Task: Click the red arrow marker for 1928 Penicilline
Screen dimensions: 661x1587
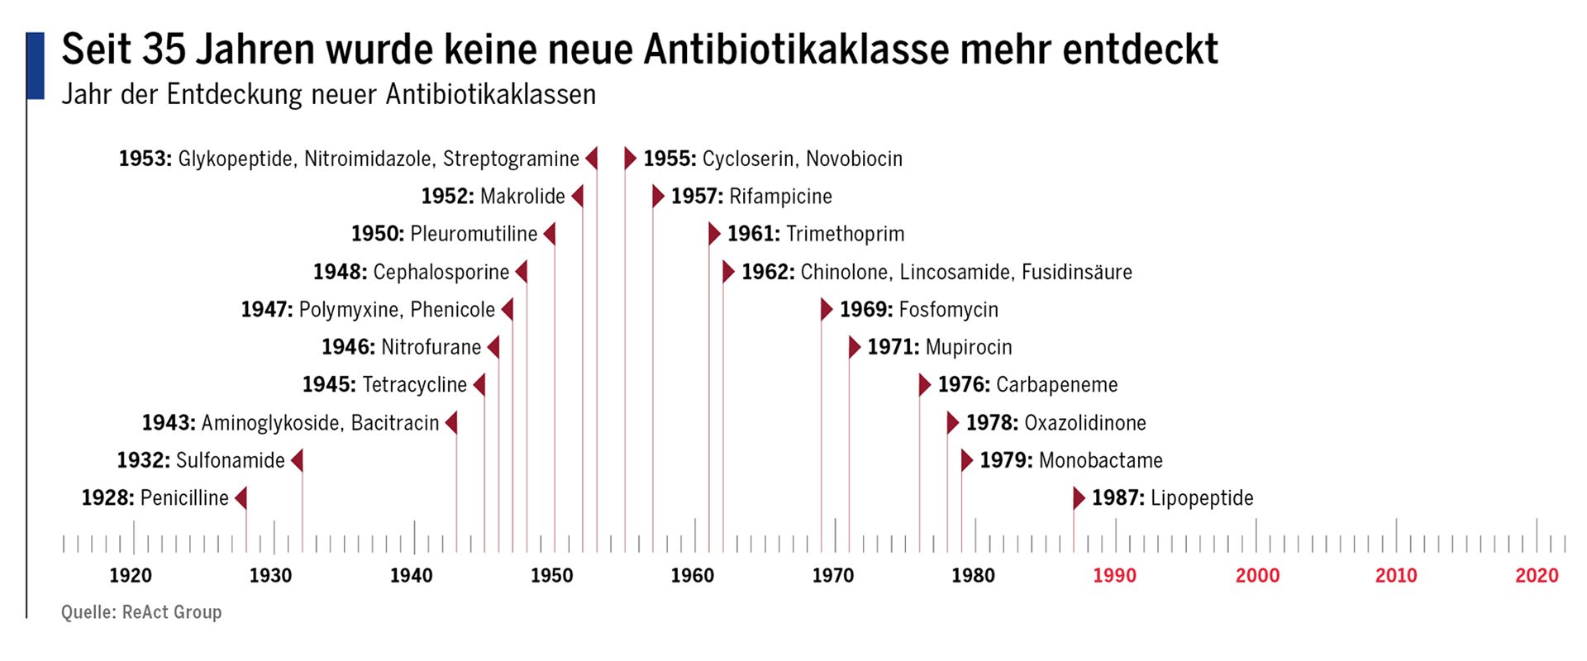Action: click(x=241, y=498)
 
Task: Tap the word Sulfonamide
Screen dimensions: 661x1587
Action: click(x=230, y=460)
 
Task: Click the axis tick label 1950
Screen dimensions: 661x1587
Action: click(x=551, y=576)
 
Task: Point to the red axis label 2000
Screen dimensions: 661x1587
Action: click(x=1256, y=576)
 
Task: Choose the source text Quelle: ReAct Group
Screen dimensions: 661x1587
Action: click(x=141, y=612)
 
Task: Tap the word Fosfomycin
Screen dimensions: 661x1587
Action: click(x=948, y=310)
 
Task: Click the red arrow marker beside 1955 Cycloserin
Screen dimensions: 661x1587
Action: click(x=630, y=158)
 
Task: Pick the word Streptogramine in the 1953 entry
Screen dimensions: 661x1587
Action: click(x=511, y=159)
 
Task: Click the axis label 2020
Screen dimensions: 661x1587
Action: click(x=1537, y=576)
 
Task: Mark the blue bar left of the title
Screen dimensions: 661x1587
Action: click(x=36, y=66)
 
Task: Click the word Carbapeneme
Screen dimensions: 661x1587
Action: click(x=1056, y=385)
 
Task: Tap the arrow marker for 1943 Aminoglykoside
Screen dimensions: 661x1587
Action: click(x=451, y=423)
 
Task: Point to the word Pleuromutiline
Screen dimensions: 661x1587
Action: click(x=474, y=234)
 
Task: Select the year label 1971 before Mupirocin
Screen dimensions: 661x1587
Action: click(x=893, y=347)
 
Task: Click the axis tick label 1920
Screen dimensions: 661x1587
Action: click(x=131, y=576)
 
